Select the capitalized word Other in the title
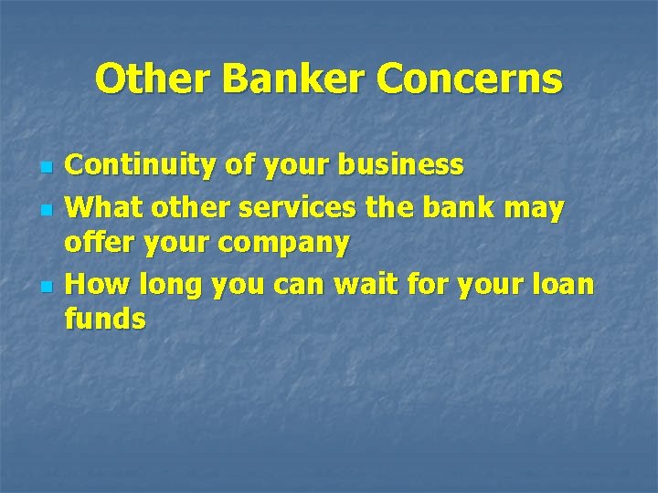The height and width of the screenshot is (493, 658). (152, 79)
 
